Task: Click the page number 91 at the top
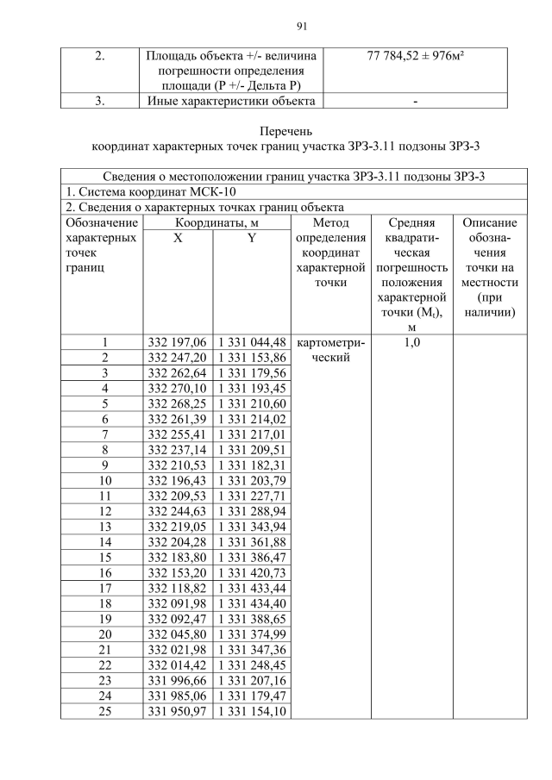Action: (x=277, y=25)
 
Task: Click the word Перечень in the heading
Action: (x=277, y=132)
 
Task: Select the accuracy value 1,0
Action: (x=411, y=342)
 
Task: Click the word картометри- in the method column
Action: (x=330, y=342)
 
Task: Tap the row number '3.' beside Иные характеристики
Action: (x=99, y=101)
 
